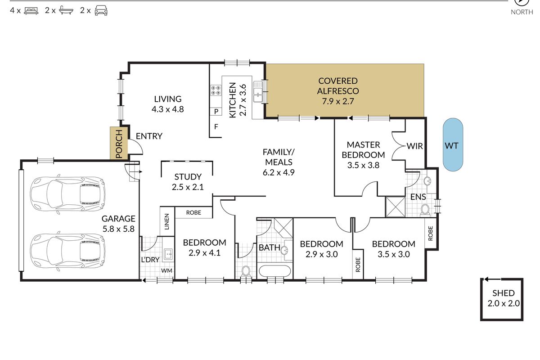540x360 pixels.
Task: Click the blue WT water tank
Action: (453, 145)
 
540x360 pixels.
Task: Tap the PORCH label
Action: (119, 144)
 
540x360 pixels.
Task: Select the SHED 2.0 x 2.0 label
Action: (504, 298)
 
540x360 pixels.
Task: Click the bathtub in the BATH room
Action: (275, 271)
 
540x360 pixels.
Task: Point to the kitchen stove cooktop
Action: (216, 90)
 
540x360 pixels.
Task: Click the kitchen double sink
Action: (258, 92)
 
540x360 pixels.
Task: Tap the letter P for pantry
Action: (216, 112)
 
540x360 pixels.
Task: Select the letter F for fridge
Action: (216, 126)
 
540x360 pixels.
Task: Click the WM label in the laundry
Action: (166, 270)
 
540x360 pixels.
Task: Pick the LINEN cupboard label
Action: (167, 221)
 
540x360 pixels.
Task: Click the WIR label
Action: (414, 146)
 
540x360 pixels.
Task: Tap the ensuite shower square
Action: (396, 207)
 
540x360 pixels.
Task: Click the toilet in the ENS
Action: (425, 210)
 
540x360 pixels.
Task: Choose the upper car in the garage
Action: (68, 194)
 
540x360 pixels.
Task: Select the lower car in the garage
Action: (68, 251)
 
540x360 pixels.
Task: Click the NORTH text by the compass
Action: (522, 12)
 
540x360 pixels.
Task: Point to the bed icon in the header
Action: (31, 11)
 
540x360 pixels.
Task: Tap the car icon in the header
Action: (101, 11)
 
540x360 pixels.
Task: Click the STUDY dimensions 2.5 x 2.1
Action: (188, 187)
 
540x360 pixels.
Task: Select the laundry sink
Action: (168, 254)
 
